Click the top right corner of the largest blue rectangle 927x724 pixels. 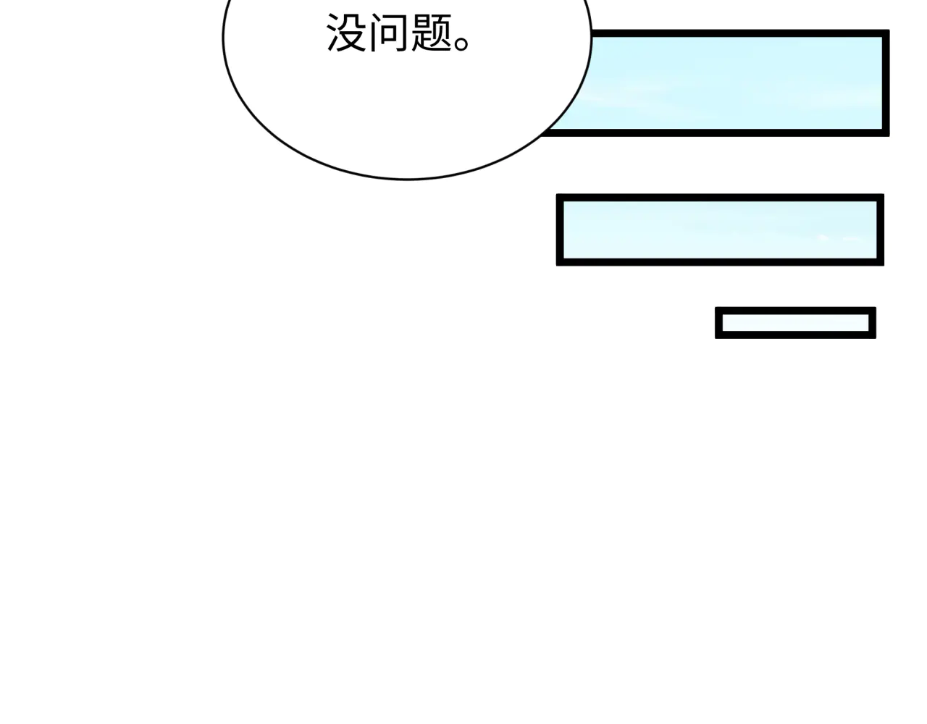point(889,30)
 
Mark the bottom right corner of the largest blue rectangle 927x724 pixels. point(889,136)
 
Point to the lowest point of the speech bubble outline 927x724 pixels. point(406,180)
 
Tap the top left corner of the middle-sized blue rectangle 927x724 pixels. point(556,194)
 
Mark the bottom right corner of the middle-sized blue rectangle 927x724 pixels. point(884,266)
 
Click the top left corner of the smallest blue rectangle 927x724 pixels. point(716,307)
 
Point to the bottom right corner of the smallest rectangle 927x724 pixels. point(876,339)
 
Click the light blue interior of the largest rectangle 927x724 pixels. point(734,83)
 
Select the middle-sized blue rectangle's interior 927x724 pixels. point(720,230)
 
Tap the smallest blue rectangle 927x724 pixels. point(796,323)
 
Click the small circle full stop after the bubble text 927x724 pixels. point(461,43)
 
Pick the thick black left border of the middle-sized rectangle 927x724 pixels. point(560,230)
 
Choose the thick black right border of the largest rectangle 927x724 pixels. point(886,83)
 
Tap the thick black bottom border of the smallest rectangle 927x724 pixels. point(796,334)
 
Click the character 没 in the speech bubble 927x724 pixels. point(346,33)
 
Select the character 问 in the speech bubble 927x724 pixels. point(389,33)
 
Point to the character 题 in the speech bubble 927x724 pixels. point(432,33)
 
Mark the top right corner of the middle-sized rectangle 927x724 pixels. point(884,194)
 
